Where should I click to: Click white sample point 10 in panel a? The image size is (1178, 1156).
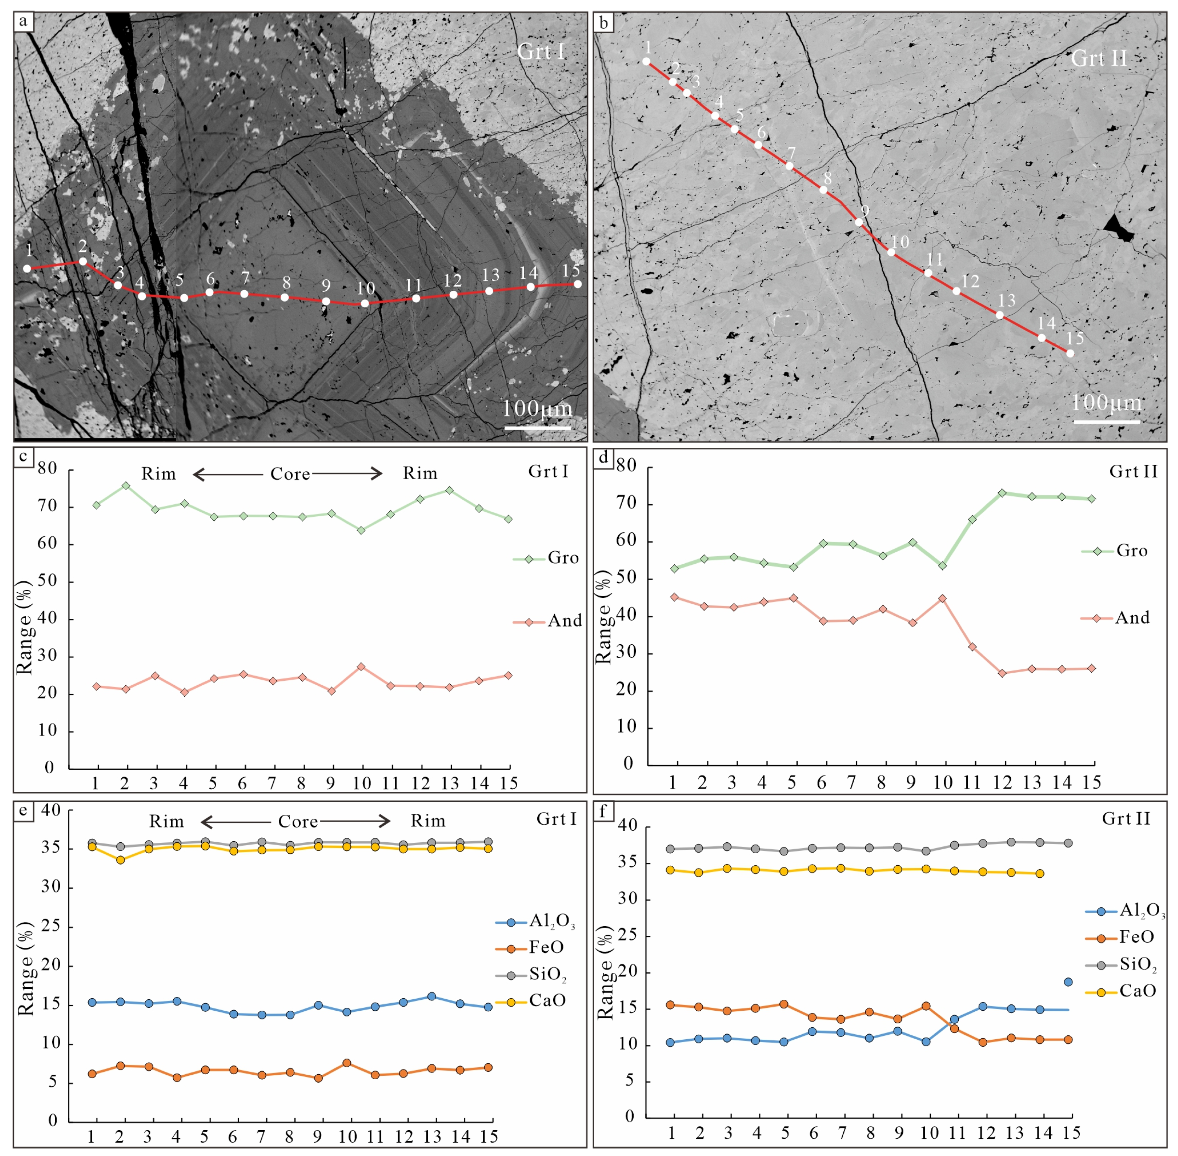(x=364, y=303)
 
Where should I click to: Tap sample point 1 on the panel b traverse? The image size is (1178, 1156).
(x=646, y=61)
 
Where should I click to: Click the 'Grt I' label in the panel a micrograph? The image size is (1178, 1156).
(x=541, y=52)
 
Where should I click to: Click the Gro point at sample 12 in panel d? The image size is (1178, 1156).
(x=1003, y=493)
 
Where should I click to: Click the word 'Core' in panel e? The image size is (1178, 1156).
(x=298, y=821)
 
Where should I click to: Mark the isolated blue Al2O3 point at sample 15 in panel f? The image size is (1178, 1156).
(x=1068, y=982)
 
